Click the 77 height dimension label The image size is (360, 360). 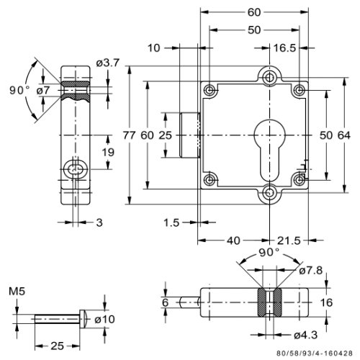click(130, 135)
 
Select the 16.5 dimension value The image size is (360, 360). click(284, 48)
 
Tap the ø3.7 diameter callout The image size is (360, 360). click(108, 63)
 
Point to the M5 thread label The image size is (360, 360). click(17, 292)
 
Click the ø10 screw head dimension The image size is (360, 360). click(104, 319)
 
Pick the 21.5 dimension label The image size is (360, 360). click(289, 240)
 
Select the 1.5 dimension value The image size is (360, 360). click(171, 222)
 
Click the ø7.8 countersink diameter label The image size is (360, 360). click(311, 271)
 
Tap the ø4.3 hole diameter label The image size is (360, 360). click(306, 335)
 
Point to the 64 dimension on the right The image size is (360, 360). click(344, 135)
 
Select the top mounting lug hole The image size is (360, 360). click(270, 77)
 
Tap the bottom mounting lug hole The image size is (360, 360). click(270, 192)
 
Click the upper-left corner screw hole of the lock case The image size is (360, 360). click(210, 91)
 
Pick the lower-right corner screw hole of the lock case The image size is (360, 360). click(300, 180)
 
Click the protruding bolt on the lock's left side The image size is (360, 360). click(190, 135)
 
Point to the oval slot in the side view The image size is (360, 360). click(76, 169)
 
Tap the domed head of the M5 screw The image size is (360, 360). click(83, 319)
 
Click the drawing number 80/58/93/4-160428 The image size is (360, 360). click(315, 354)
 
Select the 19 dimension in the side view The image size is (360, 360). click(108, 152)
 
